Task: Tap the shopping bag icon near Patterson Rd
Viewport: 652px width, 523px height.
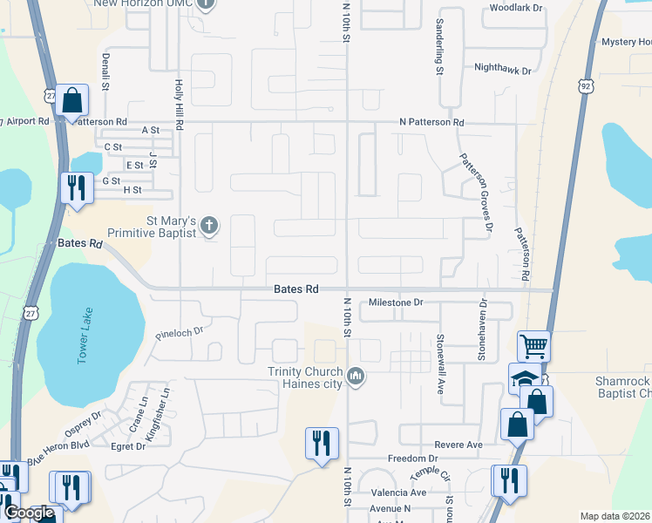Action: point(73,102)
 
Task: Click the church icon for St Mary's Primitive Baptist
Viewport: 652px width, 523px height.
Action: point(208,226)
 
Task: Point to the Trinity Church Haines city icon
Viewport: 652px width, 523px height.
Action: point(355,377)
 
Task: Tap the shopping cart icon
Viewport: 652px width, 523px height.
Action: point(533,345)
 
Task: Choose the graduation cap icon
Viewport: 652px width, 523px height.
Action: point(524,379)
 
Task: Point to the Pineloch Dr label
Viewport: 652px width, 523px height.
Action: point(179,332)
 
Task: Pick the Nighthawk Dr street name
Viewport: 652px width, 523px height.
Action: point(502,68)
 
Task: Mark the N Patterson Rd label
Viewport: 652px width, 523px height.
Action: point(431,123)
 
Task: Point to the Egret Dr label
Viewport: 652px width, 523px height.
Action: point(128,446)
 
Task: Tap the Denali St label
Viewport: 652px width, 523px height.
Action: point(105,73)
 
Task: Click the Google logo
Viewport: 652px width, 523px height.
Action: point(29,513)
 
